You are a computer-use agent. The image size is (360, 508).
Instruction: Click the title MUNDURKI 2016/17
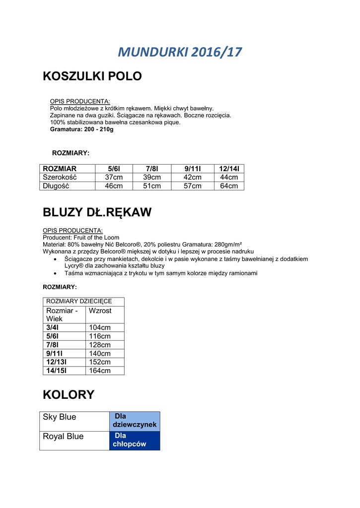tap(180, 52)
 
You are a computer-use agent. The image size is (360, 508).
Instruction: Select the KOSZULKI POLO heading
tap(92, 76)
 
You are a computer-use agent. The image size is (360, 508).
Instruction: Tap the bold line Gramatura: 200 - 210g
tap(82, 129)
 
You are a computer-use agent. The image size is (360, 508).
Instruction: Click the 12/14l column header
tap(229, 169)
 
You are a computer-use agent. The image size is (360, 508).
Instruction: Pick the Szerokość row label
tap(60, 177)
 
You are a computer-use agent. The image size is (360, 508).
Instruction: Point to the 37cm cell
tap(114, 177)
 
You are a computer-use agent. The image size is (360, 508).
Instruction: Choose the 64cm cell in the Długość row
tap(229, 186)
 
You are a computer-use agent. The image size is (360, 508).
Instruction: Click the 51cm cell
tap(152, 186)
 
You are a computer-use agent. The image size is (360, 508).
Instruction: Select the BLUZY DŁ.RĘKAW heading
tap(97, 212)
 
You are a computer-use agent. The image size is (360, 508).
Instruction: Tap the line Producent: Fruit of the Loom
tap(81, 238)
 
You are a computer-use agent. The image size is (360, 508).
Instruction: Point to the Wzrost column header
tap(100, 311)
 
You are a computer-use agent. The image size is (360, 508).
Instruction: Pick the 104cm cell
tap(100, 327)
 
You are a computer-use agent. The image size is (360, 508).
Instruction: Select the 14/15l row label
tap(56, 371)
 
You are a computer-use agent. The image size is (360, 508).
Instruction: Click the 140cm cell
tap(100, 354)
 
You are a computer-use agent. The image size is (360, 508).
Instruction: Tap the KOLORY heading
tap(69, 395)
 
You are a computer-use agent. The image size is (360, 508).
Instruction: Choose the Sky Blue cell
tap(60, 417)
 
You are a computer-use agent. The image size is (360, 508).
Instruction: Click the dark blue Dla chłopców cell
tap(134, 440)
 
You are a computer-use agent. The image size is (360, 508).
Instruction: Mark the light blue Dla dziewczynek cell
tap(135, 421)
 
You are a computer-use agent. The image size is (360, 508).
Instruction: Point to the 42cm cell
tap(192, 177)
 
